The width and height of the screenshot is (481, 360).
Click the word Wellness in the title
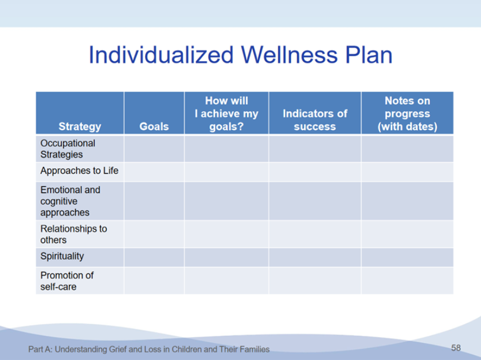[x=290, y=55]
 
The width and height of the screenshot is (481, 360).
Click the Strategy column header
[x=80, y=126]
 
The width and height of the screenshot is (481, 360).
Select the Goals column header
[x=154, y=126]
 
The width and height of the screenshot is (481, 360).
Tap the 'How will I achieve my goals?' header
[x=226, y=114]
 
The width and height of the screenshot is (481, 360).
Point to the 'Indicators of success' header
[x=315, y=120]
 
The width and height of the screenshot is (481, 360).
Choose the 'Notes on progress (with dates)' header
[x=408, y=114]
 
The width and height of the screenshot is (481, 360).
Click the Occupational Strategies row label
[x=68, y=148]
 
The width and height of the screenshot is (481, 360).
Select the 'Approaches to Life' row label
[x=79, y=170]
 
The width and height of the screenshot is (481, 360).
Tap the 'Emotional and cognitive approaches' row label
[x=71, y=201]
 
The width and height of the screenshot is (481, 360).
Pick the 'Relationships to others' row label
[x=73, y=234]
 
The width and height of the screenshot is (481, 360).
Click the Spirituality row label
[x=62, y=256]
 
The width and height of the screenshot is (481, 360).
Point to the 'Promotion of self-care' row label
[x=67, y=281]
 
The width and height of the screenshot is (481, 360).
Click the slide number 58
[x=456, y=348]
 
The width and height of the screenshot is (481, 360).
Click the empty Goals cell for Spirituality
[x=154, y=257]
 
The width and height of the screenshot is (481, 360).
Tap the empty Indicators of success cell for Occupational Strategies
[x=315, y=148]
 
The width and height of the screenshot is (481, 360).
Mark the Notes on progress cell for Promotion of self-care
[x=408, y=281]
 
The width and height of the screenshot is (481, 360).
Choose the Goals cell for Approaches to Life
[x=154, y=172]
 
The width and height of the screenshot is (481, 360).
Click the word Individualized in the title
[x=161, y=55]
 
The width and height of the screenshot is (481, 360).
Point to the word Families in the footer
[x=255, y=349]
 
